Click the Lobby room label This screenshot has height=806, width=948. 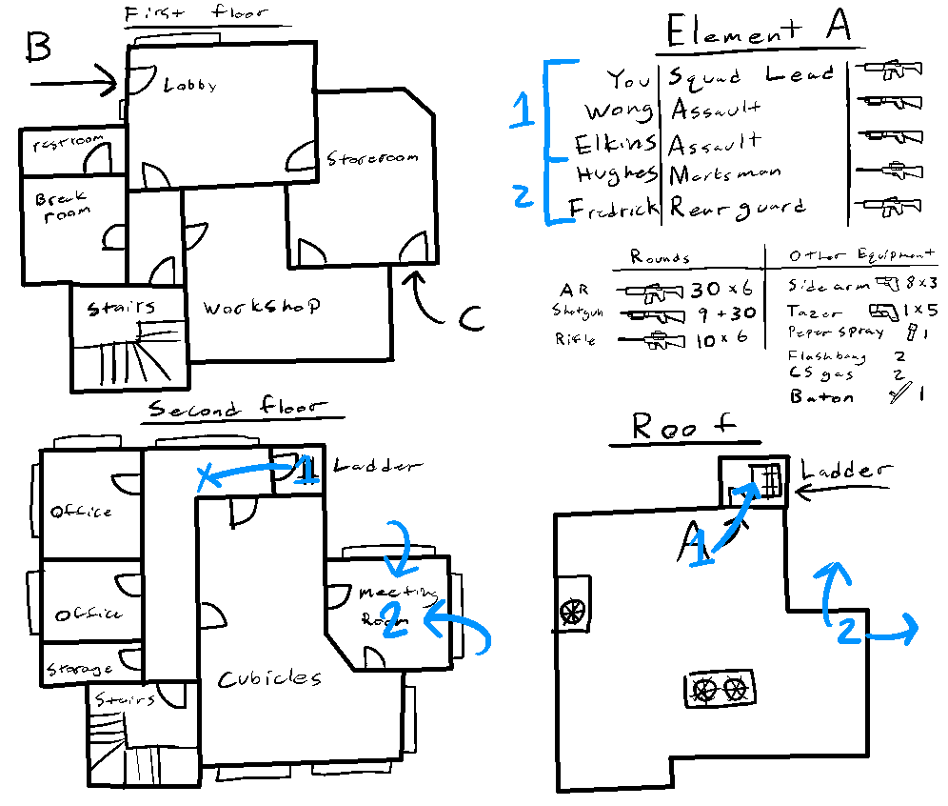[190, 85]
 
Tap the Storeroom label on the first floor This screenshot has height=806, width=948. [372, 158]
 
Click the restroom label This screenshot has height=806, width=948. [68, 145]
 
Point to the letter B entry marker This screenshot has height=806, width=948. [37, 46]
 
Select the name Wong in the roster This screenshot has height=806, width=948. [618, 111]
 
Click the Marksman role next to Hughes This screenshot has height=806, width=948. [724, 174]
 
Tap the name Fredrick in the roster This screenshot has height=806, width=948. [613, 208]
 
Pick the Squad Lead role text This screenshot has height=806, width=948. [751, 75]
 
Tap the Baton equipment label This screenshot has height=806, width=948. [821, 397]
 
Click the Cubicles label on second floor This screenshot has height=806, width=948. [269, 678]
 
